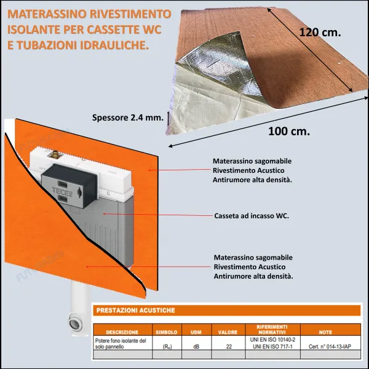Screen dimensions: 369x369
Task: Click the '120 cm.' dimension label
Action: point(320,33)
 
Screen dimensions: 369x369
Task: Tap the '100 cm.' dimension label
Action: point(289,131)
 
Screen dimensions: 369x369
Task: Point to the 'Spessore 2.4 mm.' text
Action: point(127,118)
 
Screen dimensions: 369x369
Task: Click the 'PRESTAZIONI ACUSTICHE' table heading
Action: point(136,311)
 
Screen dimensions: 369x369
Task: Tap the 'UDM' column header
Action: point(196,331)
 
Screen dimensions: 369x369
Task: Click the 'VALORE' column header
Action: point(228,331)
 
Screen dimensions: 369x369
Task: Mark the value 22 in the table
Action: point(229,346)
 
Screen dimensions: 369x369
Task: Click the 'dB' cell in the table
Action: point(196,346)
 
